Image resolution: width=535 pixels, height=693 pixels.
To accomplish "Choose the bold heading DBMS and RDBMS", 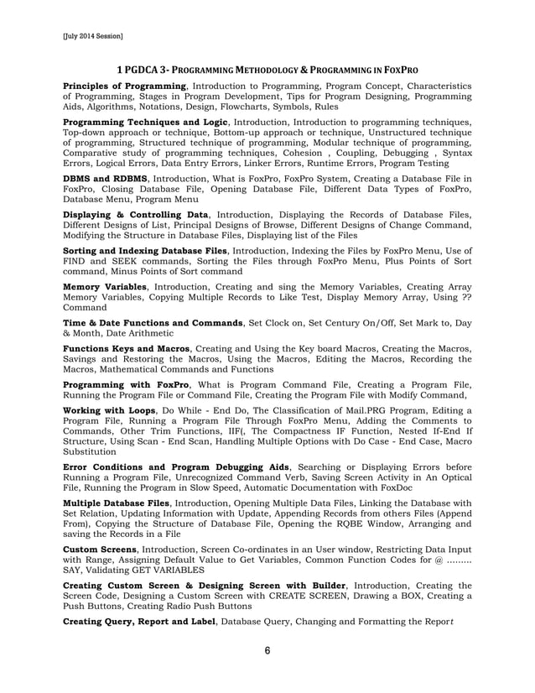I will [106, 179].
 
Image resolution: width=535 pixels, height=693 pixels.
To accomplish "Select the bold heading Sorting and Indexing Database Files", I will [146, 251].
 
